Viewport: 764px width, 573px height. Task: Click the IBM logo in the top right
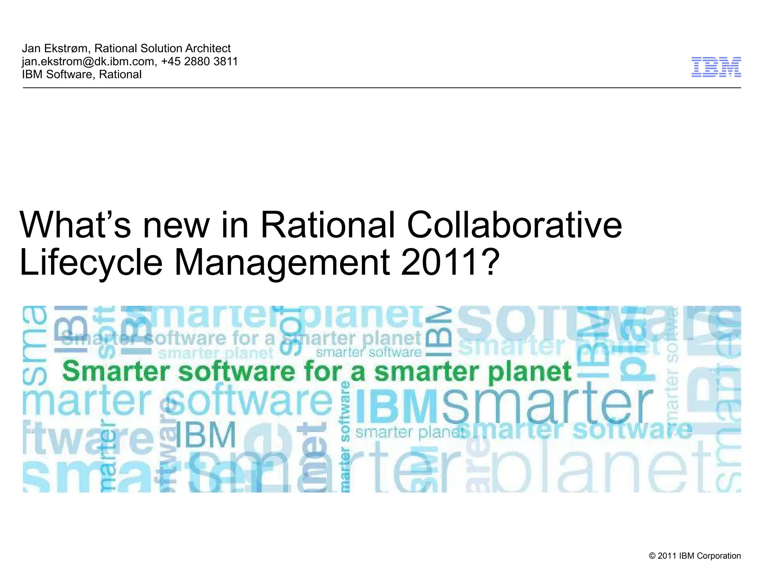pyautogui.click(x=716, y=67)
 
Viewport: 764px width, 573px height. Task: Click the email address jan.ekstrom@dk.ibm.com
pyautogui.click(x=88, y=62)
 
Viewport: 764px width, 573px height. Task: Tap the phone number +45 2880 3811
pyautogui.click(x=200, y=62)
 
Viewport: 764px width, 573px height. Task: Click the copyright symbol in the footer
pyautogui.click(x=652, y=556)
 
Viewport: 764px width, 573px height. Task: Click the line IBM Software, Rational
pyautogui.click(x=82, y=75)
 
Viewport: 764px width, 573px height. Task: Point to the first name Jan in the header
pyautogui.click(x=31, y=48)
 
